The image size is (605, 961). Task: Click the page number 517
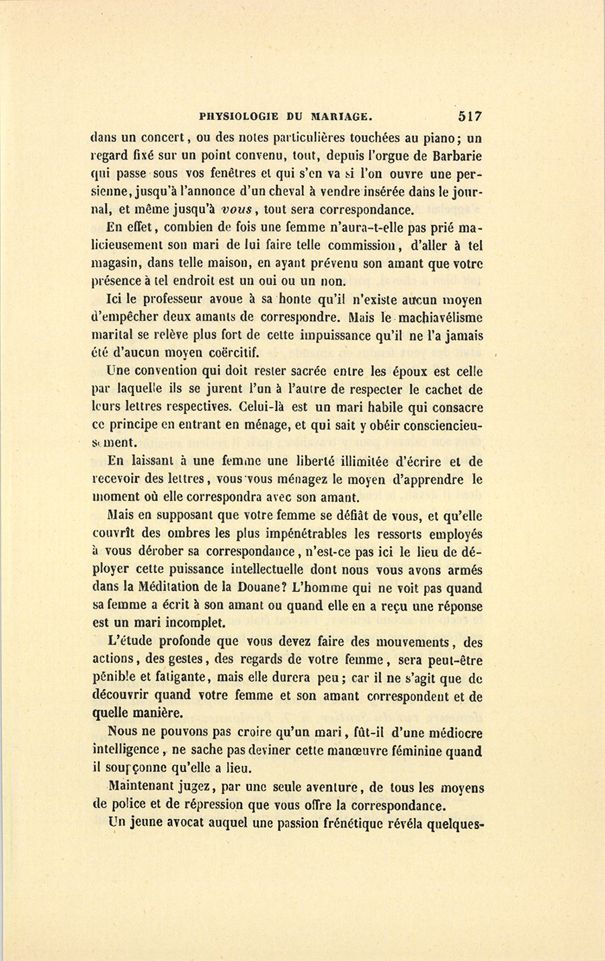pos(469,116)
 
